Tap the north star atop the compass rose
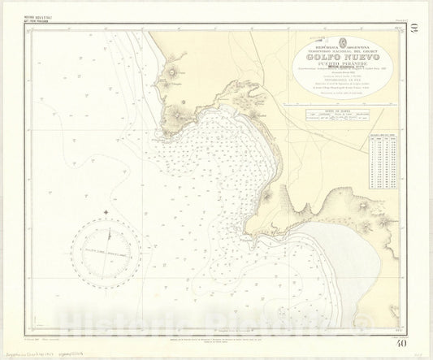[106, 214]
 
